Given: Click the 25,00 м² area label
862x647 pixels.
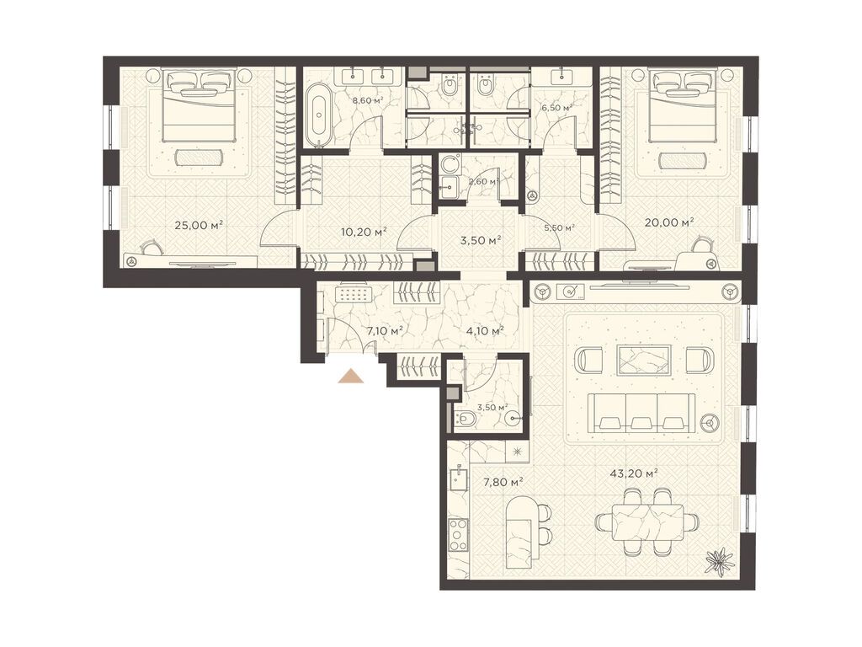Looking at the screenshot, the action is pos(199,224).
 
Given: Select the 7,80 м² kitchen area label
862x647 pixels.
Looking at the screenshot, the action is pos(503,483).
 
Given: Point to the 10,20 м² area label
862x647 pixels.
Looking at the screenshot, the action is pos(364,232).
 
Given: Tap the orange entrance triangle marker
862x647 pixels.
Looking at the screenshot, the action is pos(352,376).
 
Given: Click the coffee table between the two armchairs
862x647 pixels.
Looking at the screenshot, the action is pos(644,361).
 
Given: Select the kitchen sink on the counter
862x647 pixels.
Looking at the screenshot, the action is pos(457,477).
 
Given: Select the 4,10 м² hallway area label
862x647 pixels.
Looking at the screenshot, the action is pos(486,330).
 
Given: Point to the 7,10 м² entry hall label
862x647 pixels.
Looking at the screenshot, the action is pos(386,330).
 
